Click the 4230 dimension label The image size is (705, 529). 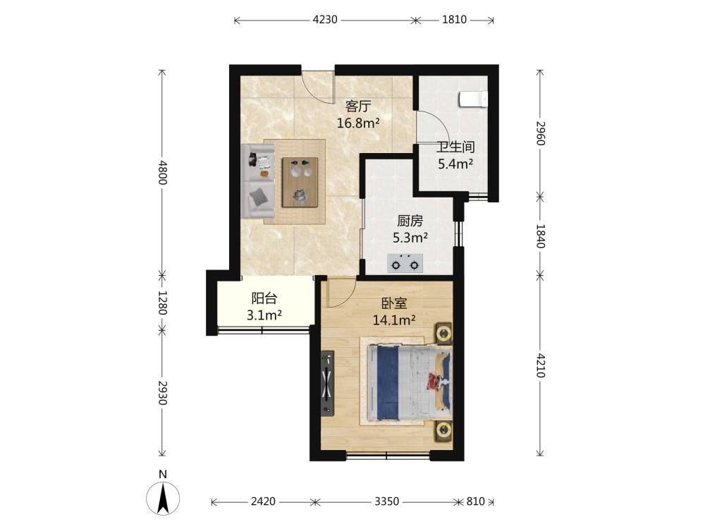coord(324,20)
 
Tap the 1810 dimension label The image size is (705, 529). coord(454,20)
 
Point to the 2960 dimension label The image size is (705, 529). coord(540,133)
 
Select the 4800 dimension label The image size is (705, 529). coord(162,172)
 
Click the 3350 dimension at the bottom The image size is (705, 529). coord(386,501)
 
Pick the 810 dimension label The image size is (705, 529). coord(476,501)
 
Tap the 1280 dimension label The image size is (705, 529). coord(162,303)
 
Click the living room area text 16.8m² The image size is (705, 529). coord(358,123)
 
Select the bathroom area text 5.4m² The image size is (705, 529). coord(455,164)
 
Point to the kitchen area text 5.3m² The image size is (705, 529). coord(410,238)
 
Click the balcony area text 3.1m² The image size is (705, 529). coord(264,315)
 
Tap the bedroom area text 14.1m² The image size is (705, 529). coord(394,320)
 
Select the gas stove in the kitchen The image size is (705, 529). coord(405,264)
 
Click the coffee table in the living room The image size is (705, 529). coord(300,182)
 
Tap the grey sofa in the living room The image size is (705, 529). coord(258,181)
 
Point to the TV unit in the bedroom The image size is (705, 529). coord(327,383)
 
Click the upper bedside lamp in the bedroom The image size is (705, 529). coord(444,334)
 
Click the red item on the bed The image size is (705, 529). coord(434,382)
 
